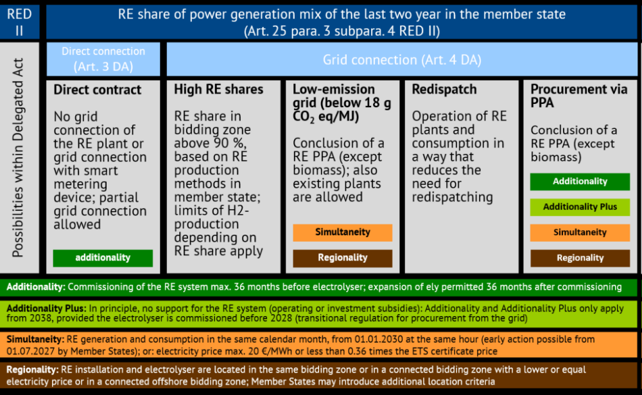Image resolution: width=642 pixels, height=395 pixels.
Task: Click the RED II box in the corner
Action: (19, 22)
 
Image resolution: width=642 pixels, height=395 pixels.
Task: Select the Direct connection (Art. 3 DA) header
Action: (103, 59)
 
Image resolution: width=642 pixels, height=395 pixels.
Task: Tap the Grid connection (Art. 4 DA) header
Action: (402, 59)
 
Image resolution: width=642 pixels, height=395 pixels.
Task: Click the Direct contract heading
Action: (98, 90)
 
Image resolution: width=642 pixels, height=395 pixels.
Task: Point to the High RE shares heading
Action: (219, 89)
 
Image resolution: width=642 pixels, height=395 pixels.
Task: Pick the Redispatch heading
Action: (444, 89)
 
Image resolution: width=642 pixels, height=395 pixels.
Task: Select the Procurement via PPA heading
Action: (579, 96)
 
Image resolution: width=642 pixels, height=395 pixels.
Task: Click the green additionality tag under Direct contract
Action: (103, 258)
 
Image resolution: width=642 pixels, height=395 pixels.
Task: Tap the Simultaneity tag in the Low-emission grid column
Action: (343, 232)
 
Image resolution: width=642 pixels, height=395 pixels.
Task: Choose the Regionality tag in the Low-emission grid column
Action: (343, 258)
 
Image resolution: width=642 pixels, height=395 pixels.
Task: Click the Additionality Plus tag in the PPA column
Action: (580, 207)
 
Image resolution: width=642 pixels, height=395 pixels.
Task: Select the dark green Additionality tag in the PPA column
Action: (580, 181)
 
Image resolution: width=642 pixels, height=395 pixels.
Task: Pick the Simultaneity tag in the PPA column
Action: (580, 233)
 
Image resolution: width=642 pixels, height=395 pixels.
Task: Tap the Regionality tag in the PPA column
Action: (580, 258)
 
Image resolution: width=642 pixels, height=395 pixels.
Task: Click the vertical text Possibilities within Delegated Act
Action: (18, 158)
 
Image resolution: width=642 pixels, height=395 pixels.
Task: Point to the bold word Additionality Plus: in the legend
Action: (46, 308)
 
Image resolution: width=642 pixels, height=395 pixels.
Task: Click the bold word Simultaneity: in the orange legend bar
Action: (35, 339)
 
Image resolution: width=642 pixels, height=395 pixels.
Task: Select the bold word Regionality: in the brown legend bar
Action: (32, 369)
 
